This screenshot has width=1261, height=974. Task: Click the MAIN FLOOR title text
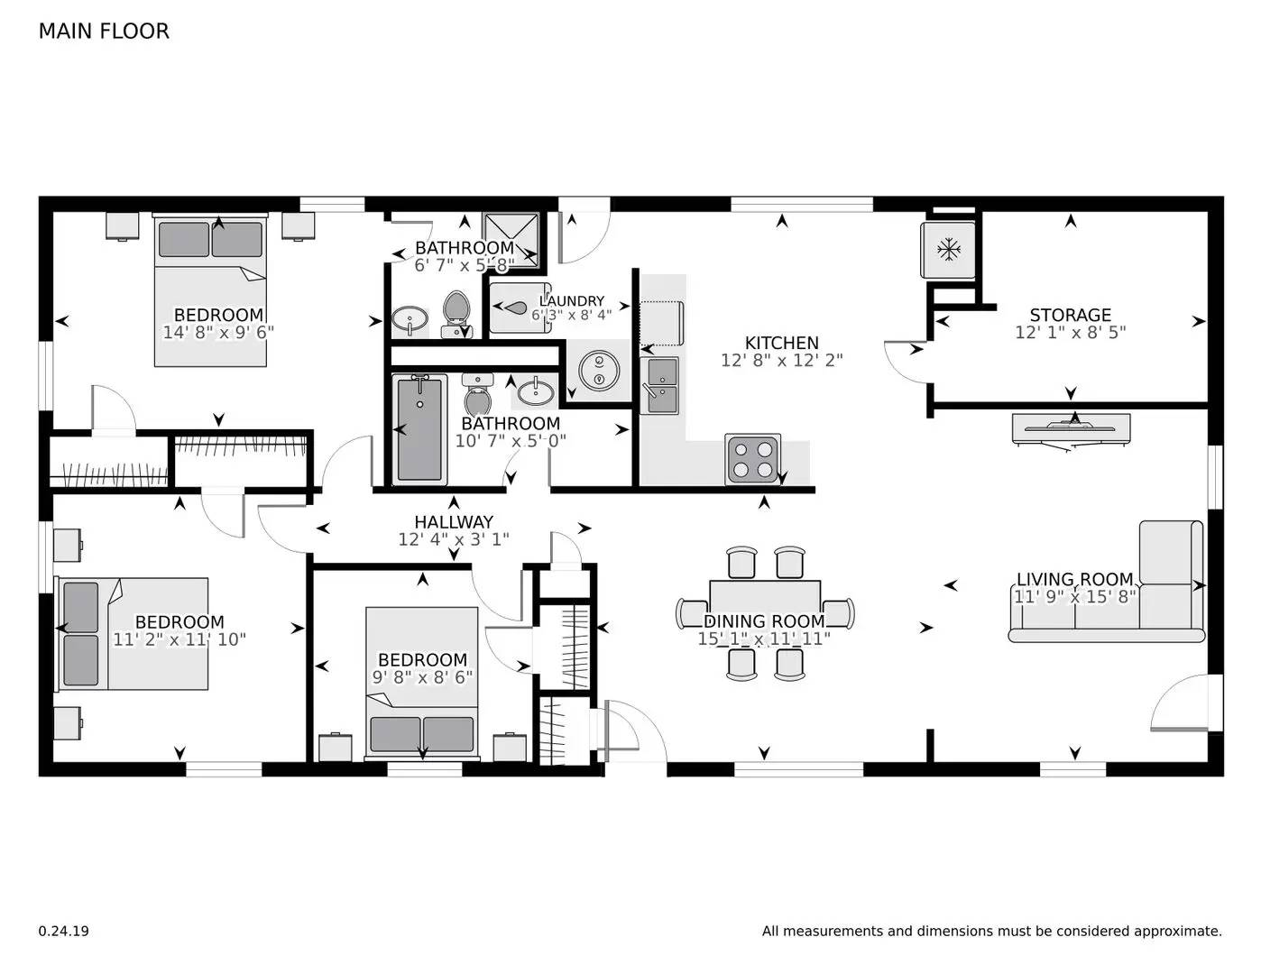tap(104, 32)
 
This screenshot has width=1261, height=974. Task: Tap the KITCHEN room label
tap(781, 343)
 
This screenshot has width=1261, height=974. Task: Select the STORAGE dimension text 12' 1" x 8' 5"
tap(1070, 332)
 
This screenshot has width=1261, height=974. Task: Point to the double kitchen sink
tap(659, 384)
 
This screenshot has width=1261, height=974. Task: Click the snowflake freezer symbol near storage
tap(948, 250)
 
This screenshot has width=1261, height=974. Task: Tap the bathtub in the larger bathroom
tap(419, 429)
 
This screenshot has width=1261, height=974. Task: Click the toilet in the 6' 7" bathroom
tap(456, 313)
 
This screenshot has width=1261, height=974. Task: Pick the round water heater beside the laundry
tap(597, 370)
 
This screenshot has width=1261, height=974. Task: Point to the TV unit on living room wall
tap(1071, 427)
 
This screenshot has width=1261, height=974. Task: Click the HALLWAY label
tap(454, 521)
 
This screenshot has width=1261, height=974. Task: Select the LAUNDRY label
tap(572, 301)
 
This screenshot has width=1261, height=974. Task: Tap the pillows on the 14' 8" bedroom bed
tap(210, 239)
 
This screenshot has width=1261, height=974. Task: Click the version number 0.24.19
tap(64, 931)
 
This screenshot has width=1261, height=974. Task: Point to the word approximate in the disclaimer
tap(1176, 931)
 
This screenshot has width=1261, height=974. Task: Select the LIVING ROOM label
tap(1074, 579)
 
